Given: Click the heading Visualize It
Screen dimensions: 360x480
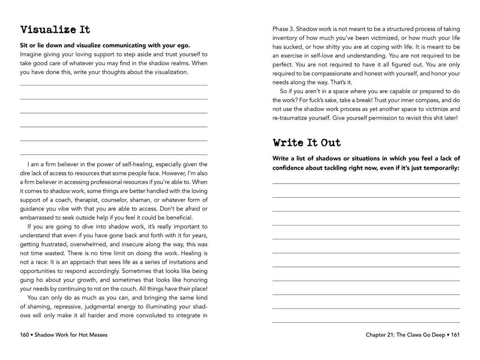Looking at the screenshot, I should click(x=55, y=30).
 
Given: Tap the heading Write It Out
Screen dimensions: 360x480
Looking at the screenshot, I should click(x=307, y=143).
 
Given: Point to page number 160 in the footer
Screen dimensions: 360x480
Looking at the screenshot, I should click(x=24, y=335).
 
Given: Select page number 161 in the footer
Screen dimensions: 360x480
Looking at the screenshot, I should click(x=455, y=335).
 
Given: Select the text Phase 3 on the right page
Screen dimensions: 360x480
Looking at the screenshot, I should click(x=283, y=29).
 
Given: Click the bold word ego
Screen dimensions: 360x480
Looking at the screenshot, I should click(x=184, y=45).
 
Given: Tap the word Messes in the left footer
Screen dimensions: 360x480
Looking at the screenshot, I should click(x=97, y=335).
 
